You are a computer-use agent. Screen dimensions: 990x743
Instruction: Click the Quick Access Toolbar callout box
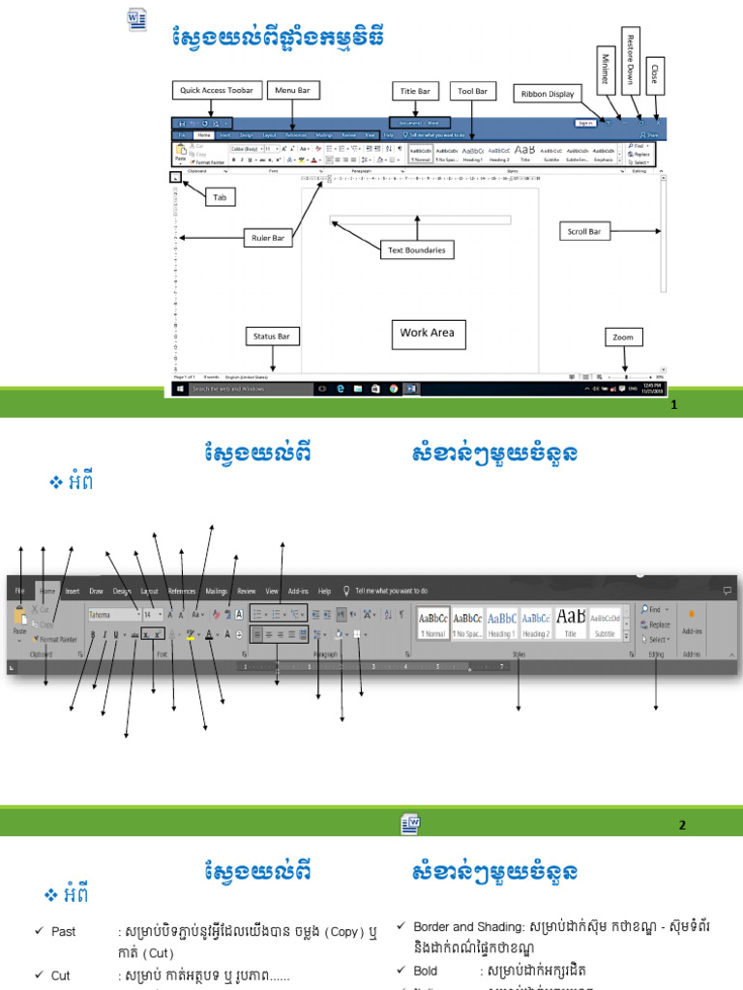(x=217, y=90)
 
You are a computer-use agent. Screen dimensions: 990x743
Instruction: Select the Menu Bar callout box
(x=292, y=90)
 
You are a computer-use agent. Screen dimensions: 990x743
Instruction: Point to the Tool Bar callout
(x=472, y=91)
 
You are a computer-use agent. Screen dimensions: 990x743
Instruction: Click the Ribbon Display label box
(x=548, y=94)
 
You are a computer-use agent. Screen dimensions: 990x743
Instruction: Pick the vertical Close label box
(x=655, y=73)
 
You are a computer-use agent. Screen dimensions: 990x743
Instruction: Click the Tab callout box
(x=220, y=196)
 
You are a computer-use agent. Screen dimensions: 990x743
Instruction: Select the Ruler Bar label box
(x=269, y=237)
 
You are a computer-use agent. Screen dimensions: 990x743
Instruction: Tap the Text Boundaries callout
(x=417, y=249)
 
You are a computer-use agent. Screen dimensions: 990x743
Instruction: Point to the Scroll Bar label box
(x=583, y=231)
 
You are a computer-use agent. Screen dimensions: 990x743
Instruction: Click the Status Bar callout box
(x=272, y=336)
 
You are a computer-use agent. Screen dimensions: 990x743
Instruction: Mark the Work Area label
(x=428, y=333)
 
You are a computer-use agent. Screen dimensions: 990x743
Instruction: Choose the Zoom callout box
(x=623, y=337)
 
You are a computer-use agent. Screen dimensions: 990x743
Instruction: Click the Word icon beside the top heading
(x=136, y=18)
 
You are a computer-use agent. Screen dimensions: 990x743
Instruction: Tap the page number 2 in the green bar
(x=682, y=825)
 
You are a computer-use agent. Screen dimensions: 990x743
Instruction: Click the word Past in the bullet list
(x=63, y=932)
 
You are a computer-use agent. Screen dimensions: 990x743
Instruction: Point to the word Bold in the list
(x=425, y=970)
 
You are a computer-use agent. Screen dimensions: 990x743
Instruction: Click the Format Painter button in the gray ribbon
(x=56, y=639)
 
